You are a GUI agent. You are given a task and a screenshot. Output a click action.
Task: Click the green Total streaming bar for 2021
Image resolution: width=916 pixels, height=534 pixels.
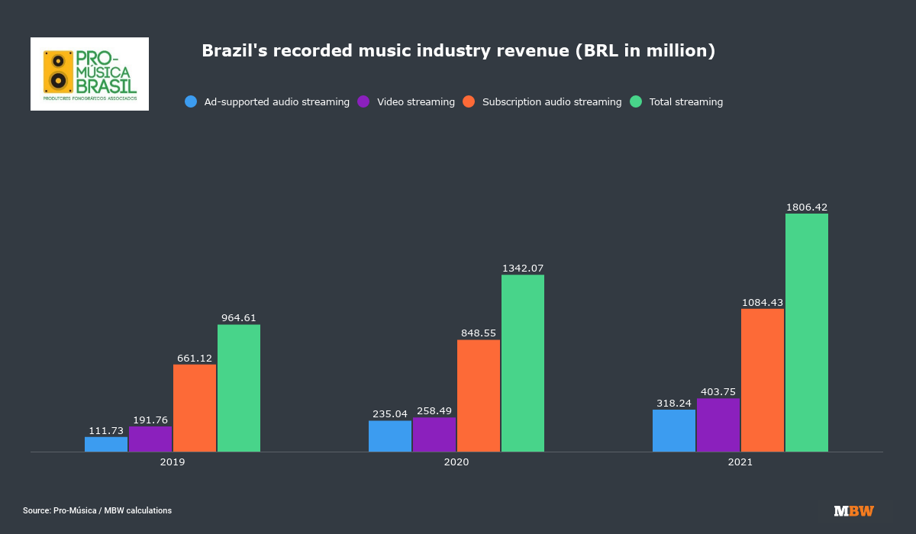click(807, 333)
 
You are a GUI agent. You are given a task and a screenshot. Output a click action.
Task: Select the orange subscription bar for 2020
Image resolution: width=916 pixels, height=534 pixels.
click(479, 396)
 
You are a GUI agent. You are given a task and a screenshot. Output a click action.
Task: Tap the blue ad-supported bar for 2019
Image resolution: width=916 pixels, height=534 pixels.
click(106, 444)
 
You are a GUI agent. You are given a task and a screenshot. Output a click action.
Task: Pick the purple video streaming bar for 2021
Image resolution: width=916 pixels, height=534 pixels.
click(718, 425)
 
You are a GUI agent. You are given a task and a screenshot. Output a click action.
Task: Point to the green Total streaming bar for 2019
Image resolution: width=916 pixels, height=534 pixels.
click(239, 388)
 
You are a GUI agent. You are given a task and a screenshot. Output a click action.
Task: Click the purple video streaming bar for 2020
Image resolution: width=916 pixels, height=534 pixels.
click(434, 435)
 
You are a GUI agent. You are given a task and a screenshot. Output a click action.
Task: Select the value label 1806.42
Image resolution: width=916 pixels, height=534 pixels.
click(807, 207)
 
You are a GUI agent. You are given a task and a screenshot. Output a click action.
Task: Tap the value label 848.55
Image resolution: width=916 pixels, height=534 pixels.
click(479, 333)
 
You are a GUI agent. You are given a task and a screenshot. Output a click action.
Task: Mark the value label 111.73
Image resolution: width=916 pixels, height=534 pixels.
click(106, 430)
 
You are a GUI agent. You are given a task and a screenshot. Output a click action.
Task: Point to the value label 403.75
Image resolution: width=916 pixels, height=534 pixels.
click(718, 391)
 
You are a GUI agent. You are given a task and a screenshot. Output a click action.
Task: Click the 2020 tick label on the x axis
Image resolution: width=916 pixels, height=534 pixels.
click(456, 462)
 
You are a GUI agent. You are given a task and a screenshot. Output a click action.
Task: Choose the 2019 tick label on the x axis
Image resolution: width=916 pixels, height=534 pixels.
click(173, 462)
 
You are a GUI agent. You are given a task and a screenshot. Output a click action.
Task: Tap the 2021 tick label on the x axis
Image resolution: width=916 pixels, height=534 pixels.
click(740, 462)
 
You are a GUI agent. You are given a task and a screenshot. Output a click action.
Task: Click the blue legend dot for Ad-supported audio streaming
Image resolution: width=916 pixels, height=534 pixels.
click(191, 101)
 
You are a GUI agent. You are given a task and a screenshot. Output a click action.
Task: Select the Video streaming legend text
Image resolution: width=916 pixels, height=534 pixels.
click(416, 101)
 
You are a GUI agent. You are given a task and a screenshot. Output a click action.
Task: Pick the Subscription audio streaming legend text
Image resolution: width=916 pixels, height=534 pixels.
click(552, 101)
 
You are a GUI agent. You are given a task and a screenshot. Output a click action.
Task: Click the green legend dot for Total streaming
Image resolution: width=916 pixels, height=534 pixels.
click(636, 101)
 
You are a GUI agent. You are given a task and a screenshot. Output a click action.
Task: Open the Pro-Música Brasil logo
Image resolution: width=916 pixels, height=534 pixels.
click(89, 74)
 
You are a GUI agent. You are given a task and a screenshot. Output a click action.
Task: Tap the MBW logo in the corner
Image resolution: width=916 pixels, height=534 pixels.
click(853, 511)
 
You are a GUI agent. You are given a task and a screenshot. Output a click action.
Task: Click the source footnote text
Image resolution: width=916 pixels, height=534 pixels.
click(97, 510)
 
